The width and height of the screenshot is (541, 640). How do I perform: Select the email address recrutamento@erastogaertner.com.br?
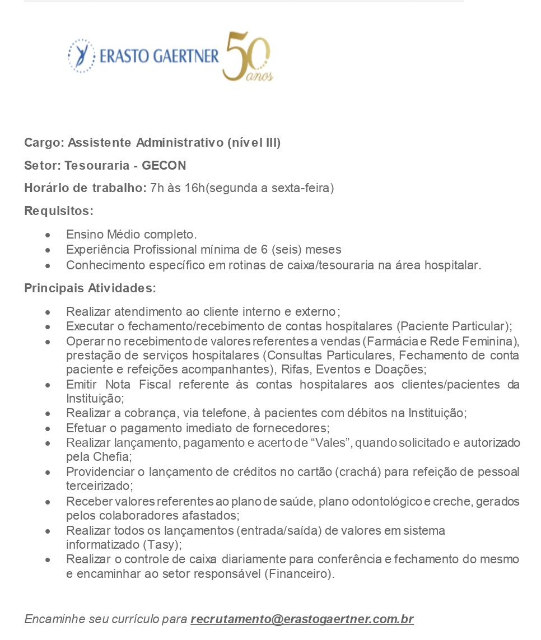[x=302, y=619]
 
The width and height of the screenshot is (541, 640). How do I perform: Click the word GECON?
[x=164, y=166]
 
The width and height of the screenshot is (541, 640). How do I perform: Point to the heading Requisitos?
[x=59, y=211]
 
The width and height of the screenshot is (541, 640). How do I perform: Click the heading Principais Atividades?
[x=90, y=288]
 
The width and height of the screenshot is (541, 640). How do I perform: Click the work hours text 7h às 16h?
[x=178, y=188]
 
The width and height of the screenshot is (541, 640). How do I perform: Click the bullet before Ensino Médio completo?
[x=49, y=235]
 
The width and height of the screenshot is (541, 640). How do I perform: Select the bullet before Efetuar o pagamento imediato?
[x=49, y=429]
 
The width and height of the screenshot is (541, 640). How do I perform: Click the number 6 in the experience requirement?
[x=257, y=250]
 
